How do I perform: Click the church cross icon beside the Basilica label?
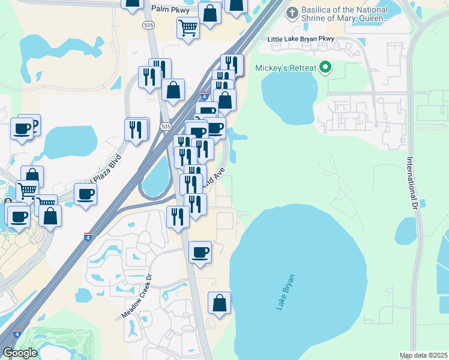pos(292,13)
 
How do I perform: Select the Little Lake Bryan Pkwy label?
pos(309,40)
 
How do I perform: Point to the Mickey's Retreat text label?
pos(286,67)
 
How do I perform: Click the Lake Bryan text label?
pos(286,292)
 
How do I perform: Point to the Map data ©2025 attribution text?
pos(424,355)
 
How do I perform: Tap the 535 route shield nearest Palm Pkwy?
pos(148,25)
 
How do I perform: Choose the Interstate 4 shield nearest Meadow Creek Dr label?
pos(88,236)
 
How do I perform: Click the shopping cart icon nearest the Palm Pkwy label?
pos(188,28)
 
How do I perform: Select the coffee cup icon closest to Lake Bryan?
pos(200,252)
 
